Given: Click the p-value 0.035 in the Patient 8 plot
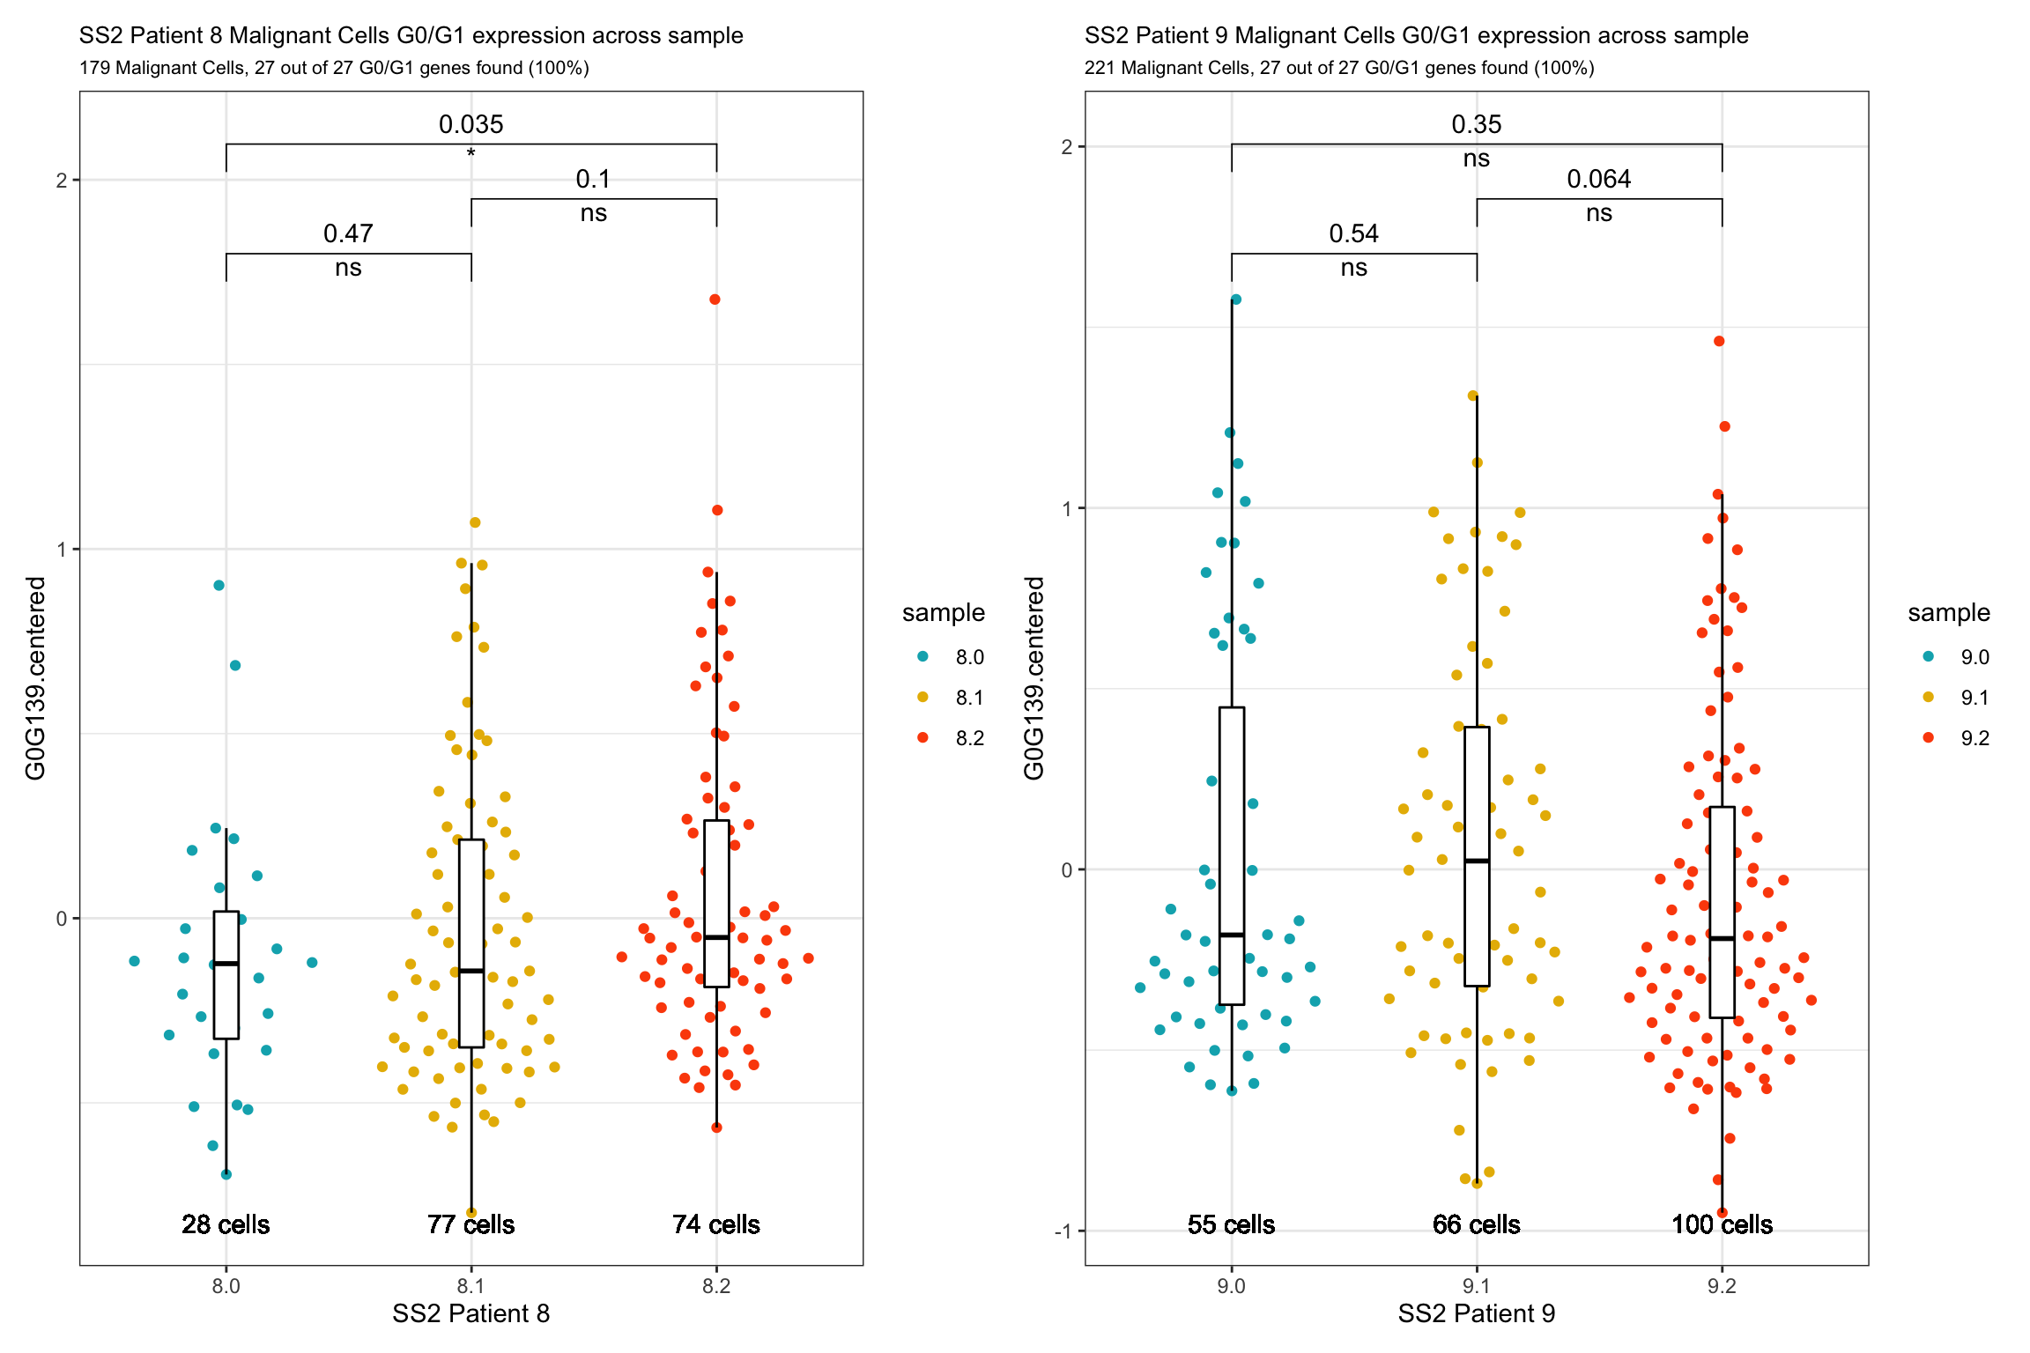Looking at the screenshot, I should pos(470,124).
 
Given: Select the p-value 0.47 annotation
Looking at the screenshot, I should pos(348,233).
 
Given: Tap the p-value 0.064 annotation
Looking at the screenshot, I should pos(1598,179).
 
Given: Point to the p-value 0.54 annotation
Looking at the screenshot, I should pos(1353,233).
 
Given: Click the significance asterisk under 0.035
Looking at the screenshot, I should pos(471,154).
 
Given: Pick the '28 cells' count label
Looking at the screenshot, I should pos(226,1224).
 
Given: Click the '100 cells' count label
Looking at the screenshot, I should pos(1722,1224).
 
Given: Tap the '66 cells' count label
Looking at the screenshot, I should pos(1476,1224).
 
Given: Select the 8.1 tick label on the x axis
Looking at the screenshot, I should pos(470,1286).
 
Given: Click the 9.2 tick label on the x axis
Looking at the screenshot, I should pos(1722,1286).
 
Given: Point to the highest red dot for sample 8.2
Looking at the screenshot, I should pos(715,299).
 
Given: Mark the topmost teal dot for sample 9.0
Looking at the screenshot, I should pos(1236,299).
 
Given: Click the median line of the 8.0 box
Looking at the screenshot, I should pos(226,964).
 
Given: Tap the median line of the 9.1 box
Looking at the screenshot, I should pos(1477,861).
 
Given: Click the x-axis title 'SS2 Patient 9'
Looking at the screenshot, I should pos(1476,1313).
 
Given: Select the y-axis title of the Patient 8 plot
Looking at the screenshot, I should pos(35,678).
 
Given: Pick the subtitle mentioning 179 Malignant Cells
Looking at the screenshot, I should pos(334,68).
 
